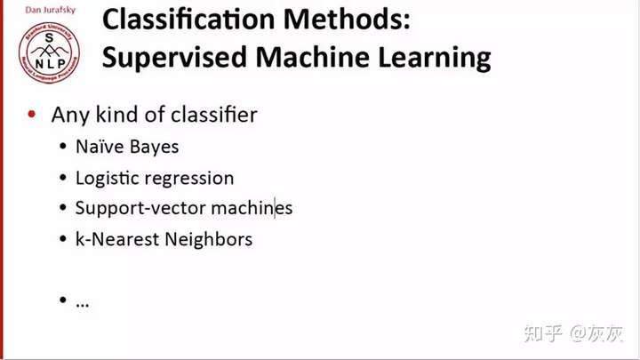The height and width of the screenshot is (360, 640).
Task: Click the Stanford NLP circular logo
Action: [50, 52]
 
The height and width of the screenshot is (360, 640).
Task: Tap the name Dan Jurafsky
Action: [50, 10]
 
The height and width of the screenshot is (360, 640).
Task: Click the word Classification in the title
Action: [188, 20]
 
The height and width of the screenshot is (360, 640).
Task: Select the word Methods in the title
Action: [347, 20]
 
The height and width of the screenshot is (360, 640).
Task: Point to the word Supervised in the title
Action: [175, 58]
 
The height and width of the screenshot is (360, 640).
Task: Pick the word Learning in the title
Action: [435, 58]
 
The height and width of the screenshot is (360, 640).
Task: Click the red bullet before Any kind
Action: [32, 114]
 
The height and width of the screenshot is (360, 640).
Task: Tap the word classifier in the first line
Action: [214, 115]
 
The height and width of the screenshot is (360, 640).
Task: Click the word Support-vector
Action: [140, 209]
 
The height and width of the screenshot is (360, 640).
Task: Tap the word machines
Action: [252, 208]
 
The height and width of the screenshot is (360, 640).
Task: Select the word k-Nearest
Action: [117, 239]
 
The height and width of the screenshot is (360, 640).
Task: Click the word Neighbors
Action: [209, 240]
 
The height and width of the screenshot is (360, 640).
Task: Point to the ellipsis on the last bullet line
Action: [83, 305]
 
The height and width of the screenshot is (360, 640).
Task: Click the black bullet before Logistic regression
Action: [62, 178]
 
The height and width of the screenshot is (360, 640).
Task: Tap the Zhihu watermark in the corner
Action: [573, 333]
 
